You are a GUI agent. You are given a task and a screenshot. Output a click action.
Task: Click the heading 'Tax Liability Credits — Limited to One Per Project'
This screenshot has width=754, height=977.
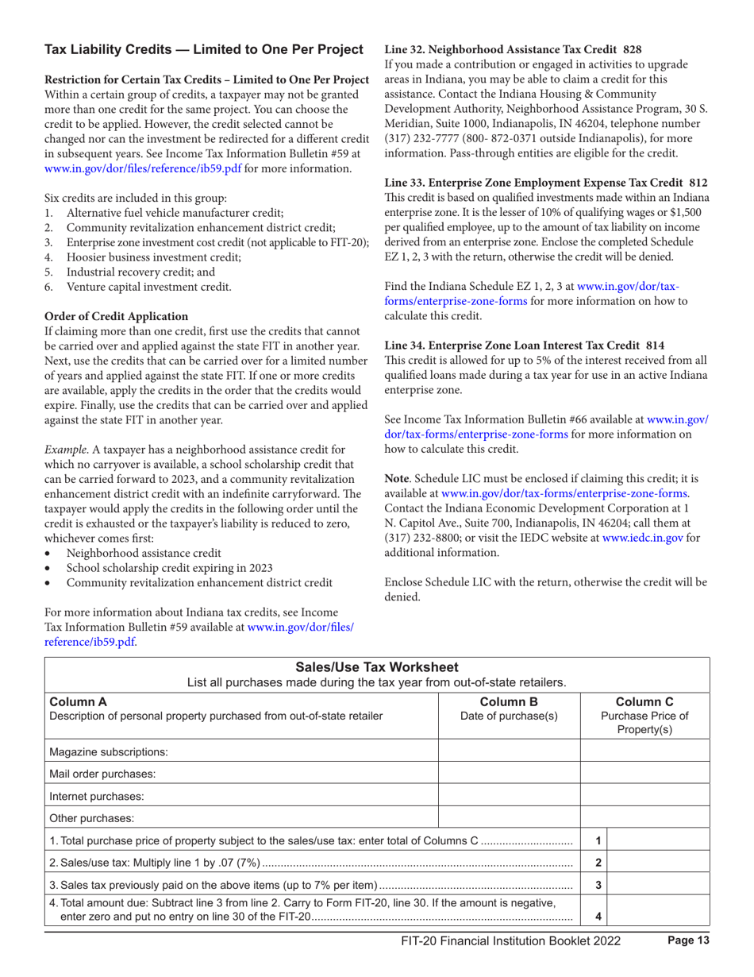click(x=203, y=51)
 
